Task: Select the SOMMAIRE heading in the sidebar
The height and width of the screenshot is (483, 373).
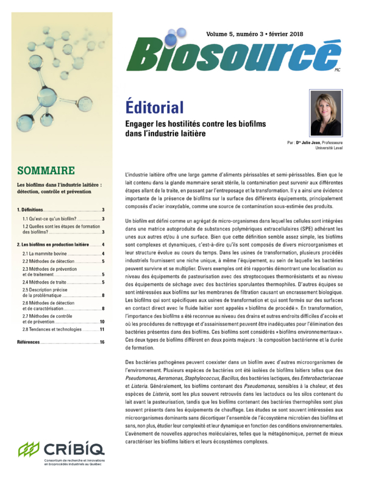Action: click(46, 171)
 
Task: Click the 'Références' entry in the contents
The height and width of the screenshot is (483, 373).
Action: click(30, 343)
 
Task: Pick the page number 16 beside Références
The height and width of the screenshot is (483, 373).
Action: click(102, 343)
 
